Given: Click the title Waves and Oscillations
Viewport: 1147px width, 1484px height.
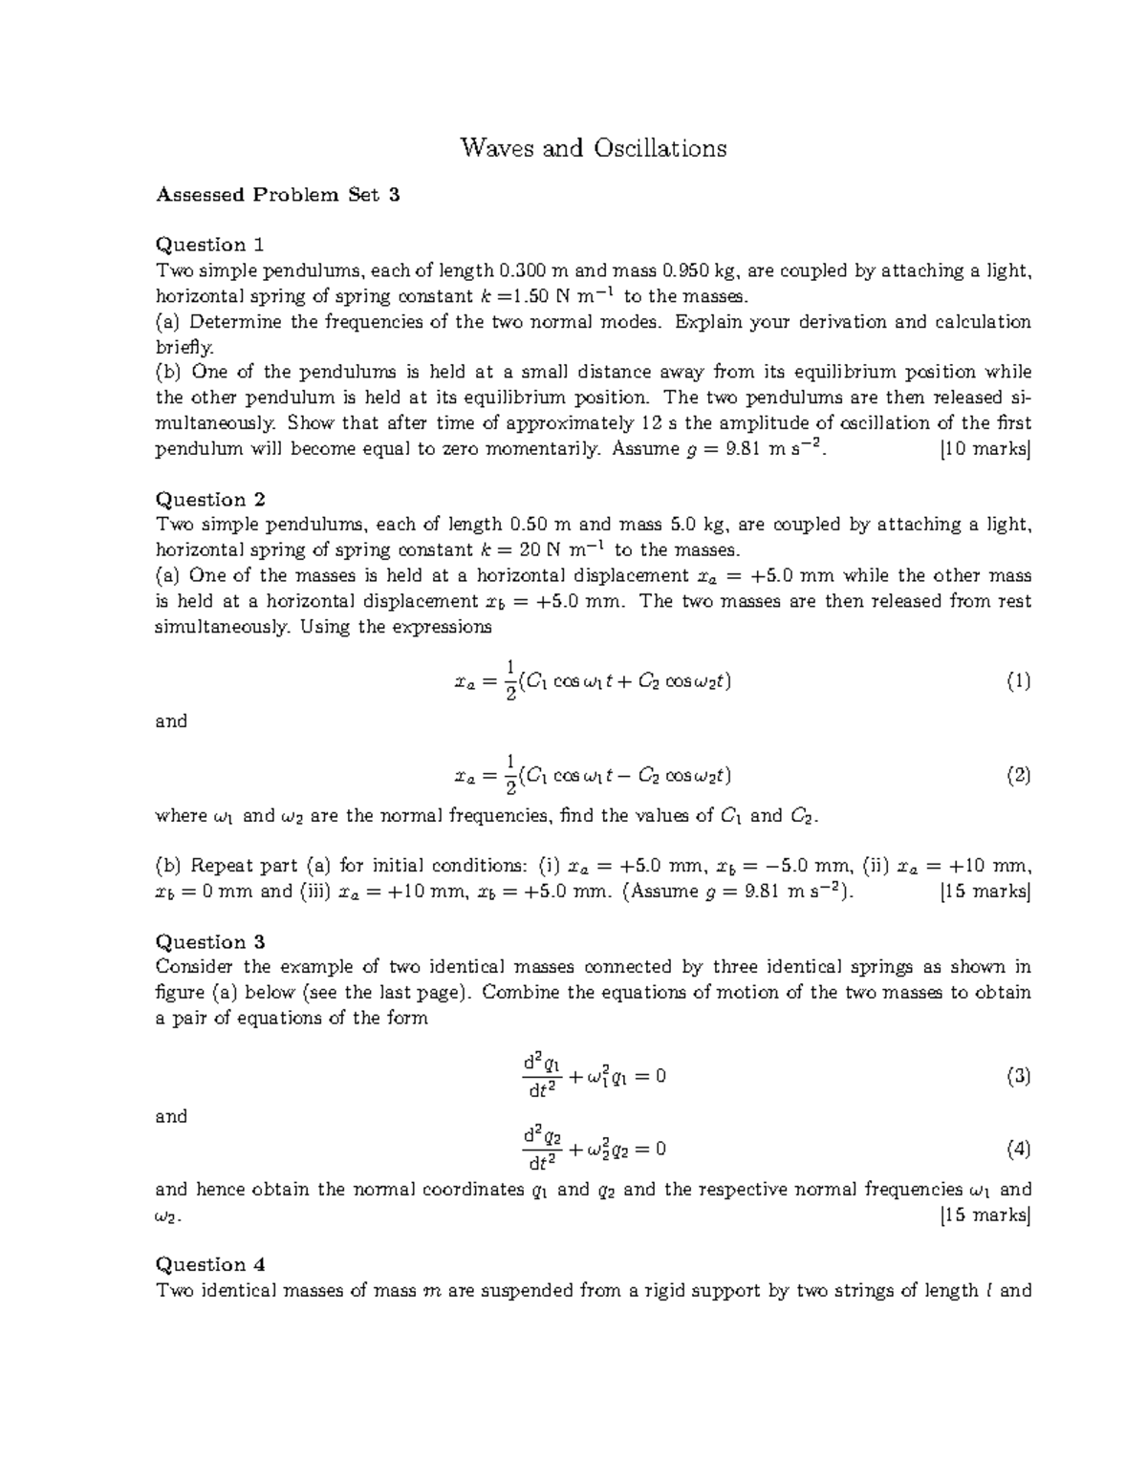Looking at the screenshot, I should [593, 148].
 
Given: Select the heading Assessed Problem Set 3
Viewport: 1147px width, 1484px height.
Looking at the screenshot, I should [277, 195].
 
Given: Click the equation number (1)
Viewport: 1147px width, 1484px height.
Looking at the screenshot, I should [1017, 681].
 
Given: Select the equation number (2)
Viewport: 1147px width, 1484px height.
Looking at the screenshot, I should [1017, 776].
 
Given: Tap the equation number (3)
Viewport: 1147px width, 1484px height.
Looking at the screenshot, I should [1017, 1077].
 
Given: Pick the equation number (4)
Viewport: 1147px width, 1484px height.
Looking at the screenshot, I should [1017, 1149].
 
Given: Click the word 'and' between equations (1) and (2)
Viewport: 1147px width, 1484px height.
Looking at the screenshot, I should [171, 721].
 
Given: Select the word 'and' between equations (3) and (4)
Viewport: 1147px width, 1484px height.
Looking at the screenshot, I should [171, 1116].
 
